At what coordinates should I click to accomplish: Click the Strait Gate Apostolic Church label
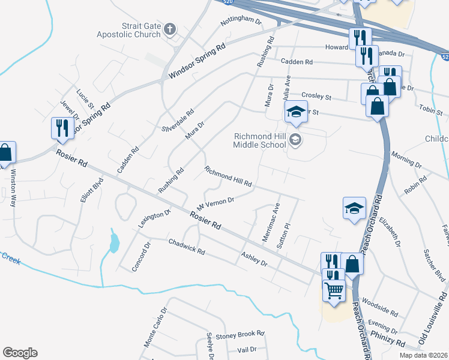pyautogui.click(x=128, y=30)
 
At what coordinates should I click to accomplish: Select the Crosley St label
pyautogui.click(x=316, y=96)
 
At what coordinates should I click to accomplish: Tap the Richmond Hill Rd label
pyautogui.click(x=228, y=176)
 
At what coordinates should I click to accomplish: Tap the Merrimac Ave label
pyautogui.click(x=271, y=221)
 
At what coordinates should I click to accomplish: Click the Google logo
pyautogui.click(x=20, y=353)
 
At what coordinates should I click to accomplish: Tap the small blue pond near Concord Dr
pyautogui.click(x=114, y=242)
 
